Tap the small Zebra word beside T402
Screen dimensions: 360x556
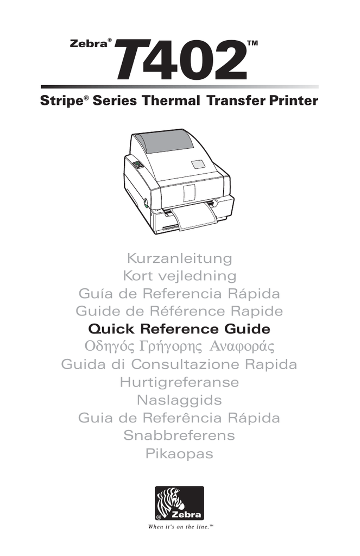point(89,44)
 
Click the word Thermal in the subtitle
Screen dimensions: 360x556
point(171,100)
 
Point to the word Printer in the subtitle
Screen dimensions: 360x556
point(293,100)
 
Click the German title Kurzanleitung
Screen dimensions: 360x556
point(180,258)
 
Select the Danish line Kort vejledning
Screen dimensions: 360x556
point(180,276)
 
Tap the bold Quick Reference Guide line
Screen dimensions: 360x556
point(179,329)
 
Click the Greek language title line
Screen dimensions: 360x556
point(180,346)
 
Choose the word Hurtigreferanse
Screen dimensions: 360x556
point(180,382)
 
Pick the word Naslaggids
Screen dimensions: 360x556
point(180,400)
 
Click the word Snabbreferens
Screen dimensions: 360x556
point(180,435)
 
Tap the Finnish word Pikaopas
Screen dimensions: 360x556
point(180,453)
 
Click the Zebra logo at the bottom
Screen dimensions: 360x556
point(180,503)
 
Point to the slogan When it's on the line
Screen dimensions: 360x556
point(181,527)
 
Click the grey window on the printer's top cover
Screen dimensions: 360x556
point(165,141)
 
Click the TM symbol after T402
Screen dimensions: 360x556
point(252,43)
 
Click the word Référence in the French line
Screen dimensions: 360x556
point(187,311)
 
